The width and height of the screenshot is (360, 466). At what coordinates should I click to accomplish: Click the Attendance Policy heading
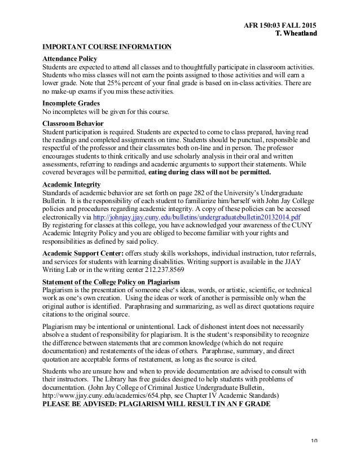tap(70, 59)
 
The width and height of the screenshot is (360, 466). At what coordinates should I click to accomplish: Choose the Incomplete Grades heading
tap(72, 103)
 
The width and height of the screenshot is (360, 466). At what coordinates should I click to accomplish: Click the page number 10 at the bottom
tap(313, 456)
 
